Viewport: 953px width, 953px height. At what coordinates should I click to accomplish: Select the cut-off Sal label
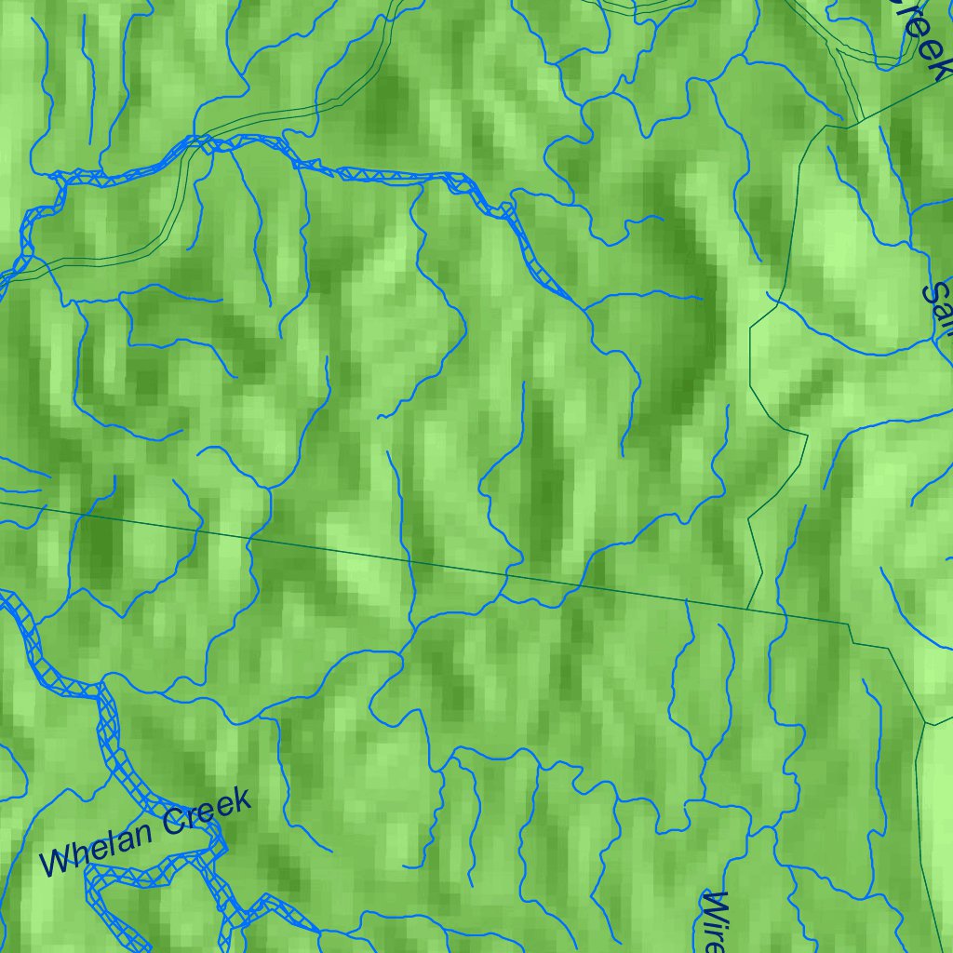pyautogui.click(x=936, y=298)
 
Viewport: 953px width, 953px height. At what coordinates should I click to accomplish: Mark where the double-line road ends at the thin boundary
pyautogui.click(x=862, y=119)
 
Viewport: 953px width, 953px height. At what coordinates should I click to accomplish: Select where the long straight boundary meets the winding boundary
pyautogui.click(x=747, y=610)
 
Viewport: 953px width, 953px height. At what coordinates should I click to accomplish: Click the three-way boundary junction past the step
pyautogui.click(x=925, y=724)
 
